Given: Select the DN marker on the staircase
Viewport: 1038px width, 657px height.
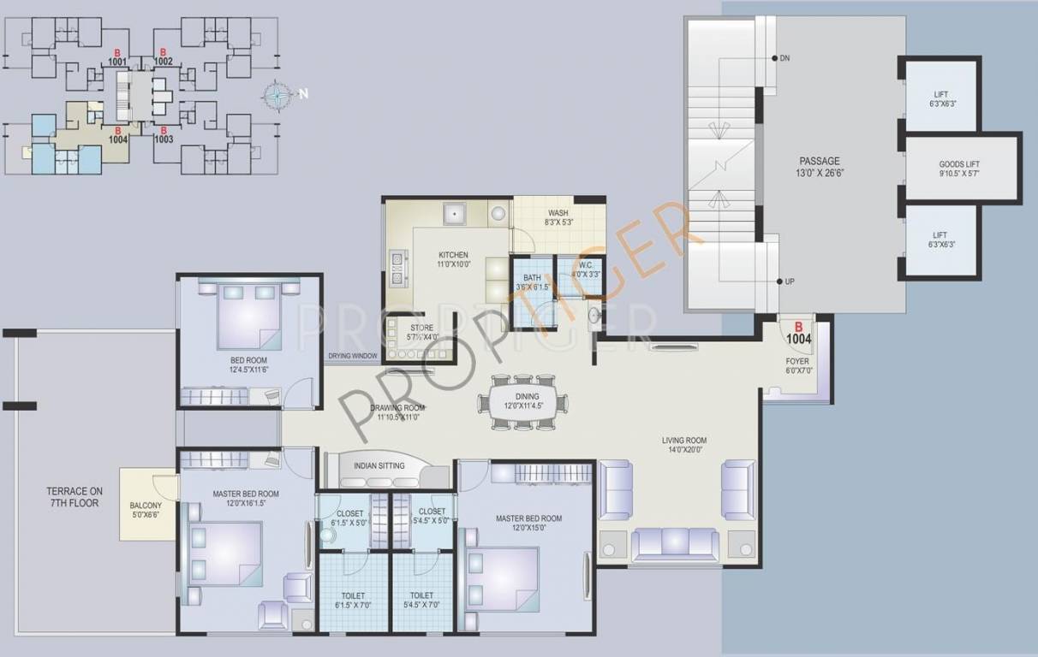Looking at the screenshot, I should pyautogui.click(x=784, y=58).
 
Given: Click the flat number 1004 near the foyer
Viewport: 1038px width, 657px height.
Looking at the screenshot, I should pyautogui.click(x=798, y=334).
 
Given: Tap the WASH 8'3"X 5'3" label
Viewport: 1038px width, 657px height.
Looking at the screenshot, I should pyautogui.click(x=558, y=217).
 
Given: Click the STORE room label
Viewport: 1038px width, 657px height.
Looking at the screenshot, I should pyautogui.click(x=421, y=332).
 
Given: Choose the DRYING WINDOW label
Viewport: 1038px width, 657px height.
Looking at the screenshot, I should pyautogui.click(x=352, y=357).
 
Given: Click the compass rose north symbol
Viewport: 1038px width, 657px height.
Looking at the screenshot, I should pyautogui.click(x=278, y=95).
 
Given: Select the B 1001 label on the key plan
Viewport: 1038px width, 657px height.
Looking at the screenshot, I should pyautogui.click(x=116, y=57).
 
